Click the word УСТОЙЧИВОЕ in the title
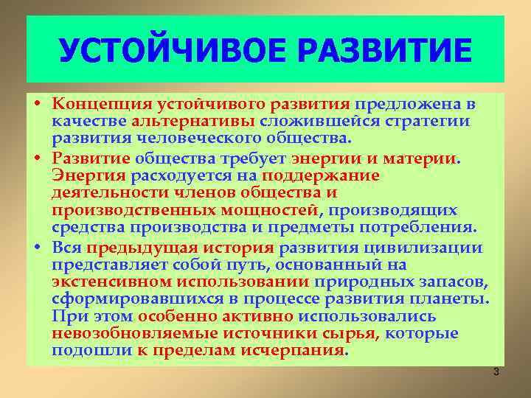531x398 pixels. pos(159,51)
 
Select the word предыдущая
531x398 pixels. pos(142,248)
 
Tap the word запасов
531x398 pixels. pos(454,282)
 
